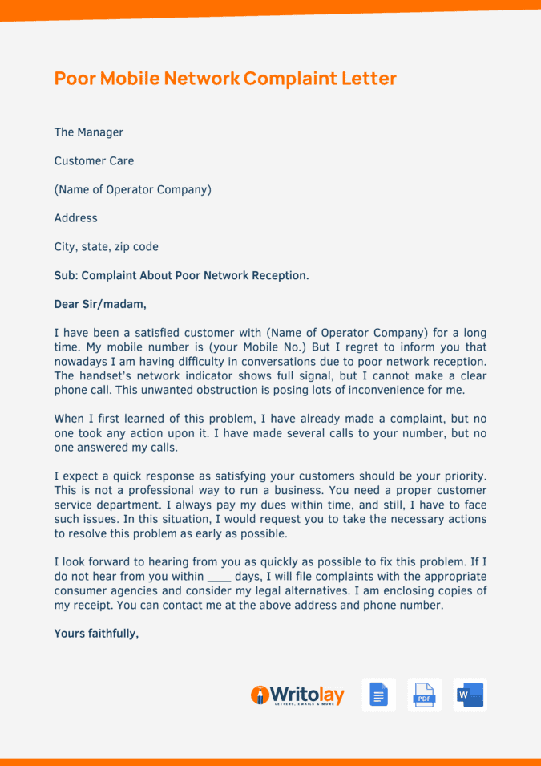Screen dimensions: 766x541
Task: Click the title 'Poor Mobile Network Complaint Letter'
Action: [x=225, y=79]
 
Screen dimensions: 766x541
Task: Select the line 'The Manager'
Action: [x=89, y=132]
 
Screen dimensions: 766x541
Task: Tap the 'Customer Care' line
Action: [x=94, y=161]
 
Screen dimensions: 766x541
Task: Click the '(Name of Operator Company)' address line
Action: [x=132, y=190]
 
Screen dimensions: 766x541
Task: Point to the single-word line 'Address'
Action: [x=75, y=218]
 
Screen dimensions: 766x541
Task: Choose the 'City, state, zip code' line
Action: [x=106, y=247]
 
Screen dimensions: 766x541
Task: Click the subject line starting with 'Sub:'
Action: [x=181, y=276]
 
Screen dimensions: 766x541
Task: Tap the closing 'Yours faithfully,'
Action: [x=96, y=634]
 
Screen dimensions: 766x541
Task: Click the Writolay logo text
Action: [x=307, y=695]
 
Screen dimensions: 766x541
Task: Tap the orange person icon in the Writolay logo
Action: [x=259, y=695]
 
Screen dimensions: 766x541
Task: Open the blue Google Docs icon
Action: [x=378, y=695]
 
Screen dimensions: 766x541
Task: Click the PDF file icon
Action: [x=424, y=695]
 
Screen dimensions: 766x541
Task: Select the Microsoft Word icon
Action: [x=470, y=695]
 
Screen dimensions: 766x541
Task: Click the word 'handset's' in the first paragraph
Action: [x=107, y=377]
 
